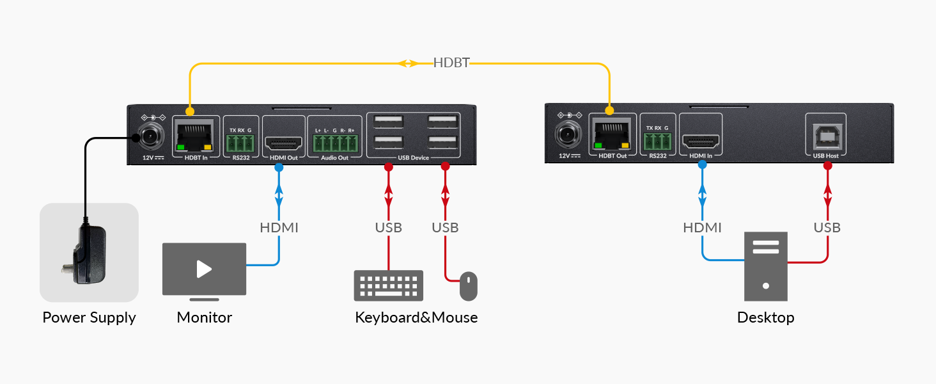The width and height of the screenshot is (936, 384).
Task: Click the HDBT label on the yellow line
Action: click(451, 63)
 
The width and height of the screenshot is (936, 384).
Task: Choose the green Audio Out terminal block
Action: click(334, 143)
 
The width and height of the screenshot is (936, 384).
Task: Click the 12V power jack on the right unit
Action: click(565, 134)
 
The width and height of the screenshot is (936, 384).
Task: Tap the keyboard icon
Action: click(389, 285)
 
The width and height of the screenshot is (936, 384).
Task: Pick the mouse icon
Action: click(469, 285)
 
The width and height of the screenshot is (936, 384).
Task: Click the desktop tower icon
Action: click(766, 266)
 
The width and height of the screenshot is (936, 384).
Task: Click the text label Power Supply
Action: click(89, 317)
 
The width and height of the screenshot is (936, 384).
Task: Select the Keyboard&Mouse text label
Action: click(416, 317)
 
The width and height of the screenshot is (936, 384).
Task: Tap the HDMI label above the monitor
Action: click(279, 227)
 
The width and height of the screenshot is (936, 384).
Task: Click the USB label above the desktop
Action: click(827, 227)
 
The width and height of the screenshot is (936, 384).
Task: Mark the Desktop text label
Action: click(765, 317)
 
